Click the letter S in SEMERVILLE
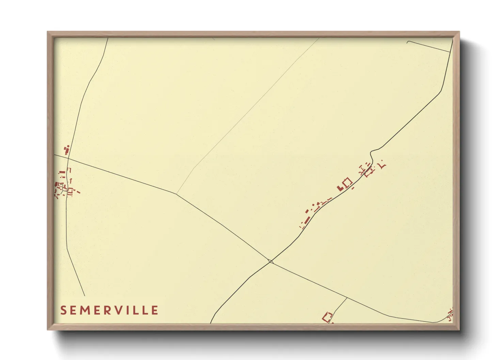coord(63,310)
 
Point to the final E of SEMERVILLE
coord(155,310)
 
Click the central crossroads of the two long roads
coord(271,261)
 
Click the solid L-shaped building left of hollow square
coord(340,188)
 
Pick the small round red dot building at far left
coord(68,146)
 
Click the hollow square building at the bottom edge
coord(328,317)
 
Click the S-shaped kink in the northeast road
coord(372,155)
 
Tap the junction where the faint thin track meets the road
coord(176,194)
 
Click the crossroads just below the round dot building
coord(68,159)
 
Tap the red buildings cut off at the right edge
coord(451,315)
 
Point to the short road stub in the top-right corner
coord(428,46)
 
